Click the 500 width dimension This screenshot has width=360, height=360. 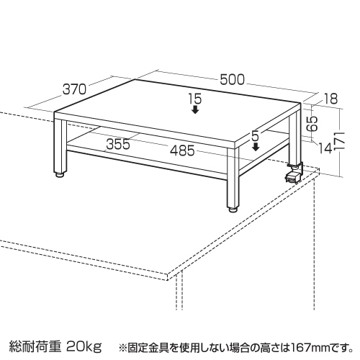[x=232, y=80]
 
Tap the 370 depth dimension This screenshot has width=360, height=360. [x=74, y=89]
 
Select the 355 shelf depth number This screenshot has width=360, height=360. [x=118, y=144]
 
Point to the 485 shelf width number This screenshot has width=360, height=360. [x=182, y=150]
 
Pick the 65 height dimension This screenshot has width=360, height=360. [x=312, y=124]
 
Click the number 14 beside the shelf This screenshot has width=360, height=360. [x=325, y=148]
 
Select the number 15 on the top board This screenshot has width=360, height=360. [x=195, y=99]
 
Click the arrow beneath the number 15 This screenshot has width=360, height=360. [x=196, y=109]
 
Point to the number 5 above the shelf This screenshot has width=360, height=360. [x=256, y=136]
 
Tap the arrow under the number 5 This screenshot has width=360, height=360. [x=256, y=147]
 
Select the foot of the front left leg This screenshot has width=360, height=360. [x=60, y=174]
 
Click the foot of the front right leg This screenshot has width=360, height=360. [x=233, y=210]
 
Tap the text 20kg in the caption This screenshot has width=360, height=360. [x=84, y=346]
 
